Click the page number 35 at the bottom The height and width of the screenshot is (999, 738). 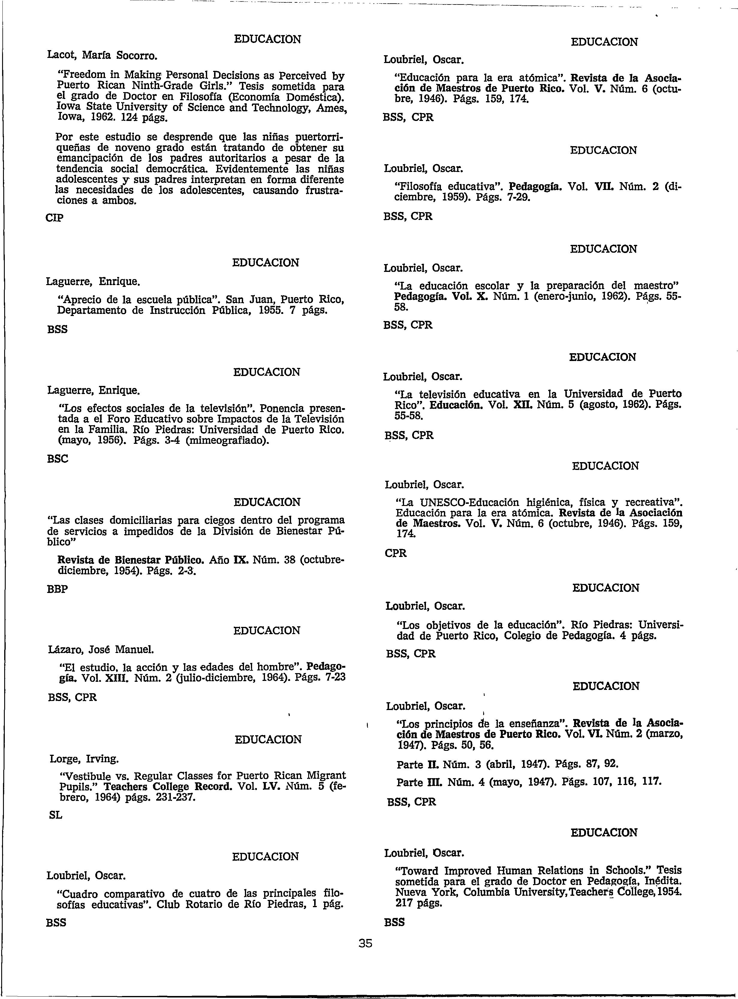click(x=365, y=943)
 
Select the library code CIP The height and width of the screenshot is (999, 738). click(x=55, y=218)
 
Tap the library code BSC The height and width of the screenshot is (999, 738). click(x=58, y=459)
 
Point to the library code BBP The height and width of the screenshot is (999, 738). click(x=58, y=589)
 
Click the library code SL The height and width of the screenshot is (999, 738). click(x=55, y=815)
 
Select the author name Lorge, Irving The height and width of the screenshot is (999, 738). click(x=84, y=759)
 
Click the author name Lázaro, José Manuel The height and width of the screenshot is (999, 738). click(x=100, y=648)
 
